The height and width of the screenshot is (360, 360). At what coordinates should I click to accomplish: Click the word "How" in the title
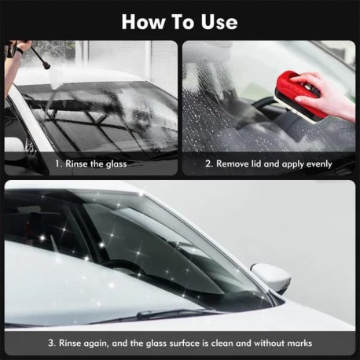coord(144,22)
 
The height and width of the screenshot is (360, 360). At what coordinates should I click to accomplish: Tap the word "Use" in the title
coord(219,22)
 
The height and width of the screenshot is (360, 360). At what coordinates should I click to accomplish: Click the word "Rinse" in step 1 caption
coord(76,164)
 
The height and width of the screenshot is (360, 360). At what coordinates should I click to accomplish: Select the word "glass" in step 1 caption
coord(116,164)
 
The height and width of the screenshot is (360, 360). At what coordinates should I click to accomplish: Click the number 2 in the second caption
coord(208,164)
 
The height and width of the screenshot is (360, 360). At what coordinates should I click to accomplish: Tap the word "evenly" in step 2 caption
coord(319,164)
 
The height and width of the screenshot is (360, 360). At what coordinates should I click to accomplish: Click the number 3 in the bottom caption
coord(50,343)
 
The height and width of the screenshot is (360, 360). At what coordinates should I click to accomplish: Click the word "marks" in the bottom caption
coord(299,343)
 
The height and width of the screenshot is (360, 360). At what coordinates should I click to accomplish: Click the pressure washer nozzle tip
coord(47,66)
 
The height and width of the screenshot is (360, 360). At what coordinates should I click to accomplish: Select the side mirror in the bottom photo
coord(271,278)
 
